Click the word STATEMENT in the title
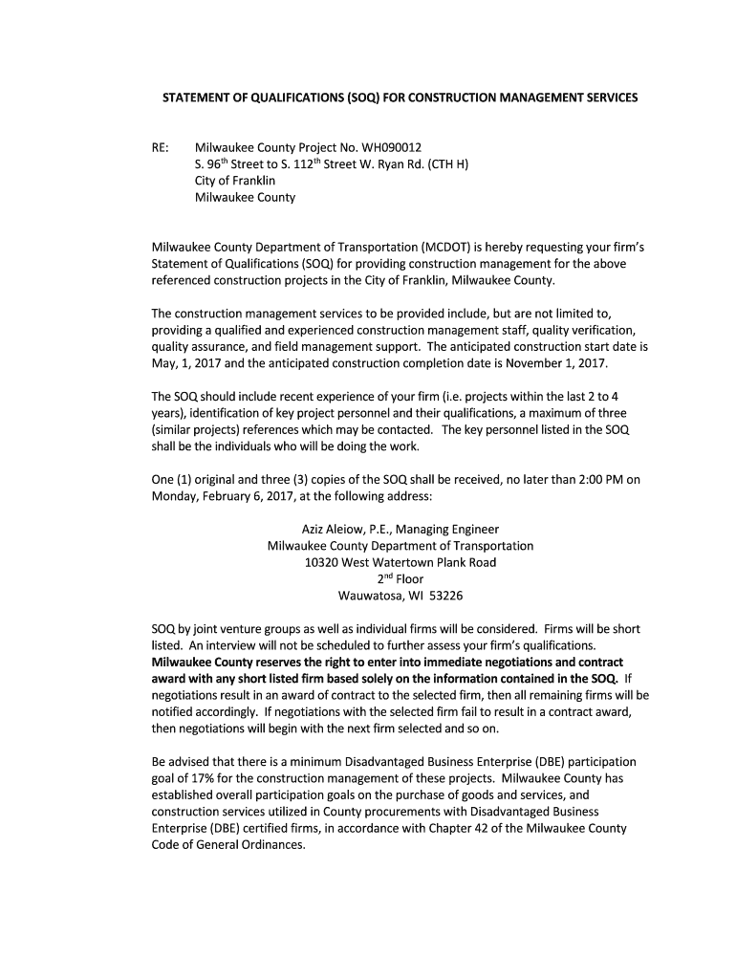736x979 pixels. coord(197,98)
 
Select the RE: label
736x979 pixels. coord(162,147)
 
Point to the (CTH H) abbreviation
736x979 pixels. coord(445,164)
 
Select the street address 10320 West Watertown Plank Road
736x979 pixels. coord(400,562)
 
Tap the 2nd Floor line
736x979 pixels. coord(400,578)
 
